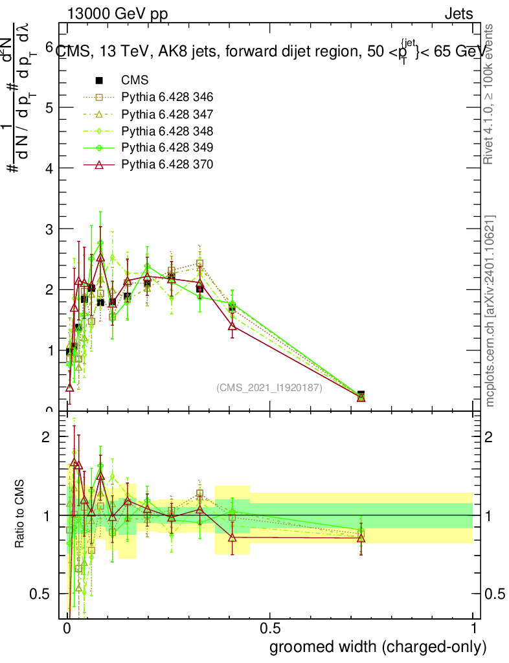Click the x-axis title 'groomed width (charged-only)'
378,647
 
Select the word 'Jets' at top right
458,14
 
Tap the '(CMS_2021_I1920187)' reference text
269,388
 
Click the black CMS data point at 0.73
361,394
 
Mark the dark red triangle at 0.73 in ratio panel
361,538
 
